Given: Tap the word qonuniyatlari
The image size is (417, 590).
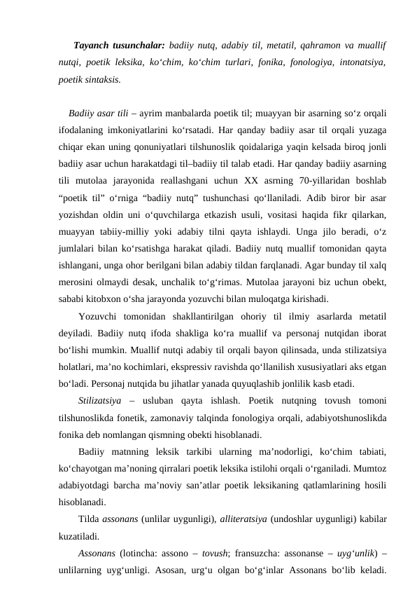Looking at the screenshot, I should pos(185,144).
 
